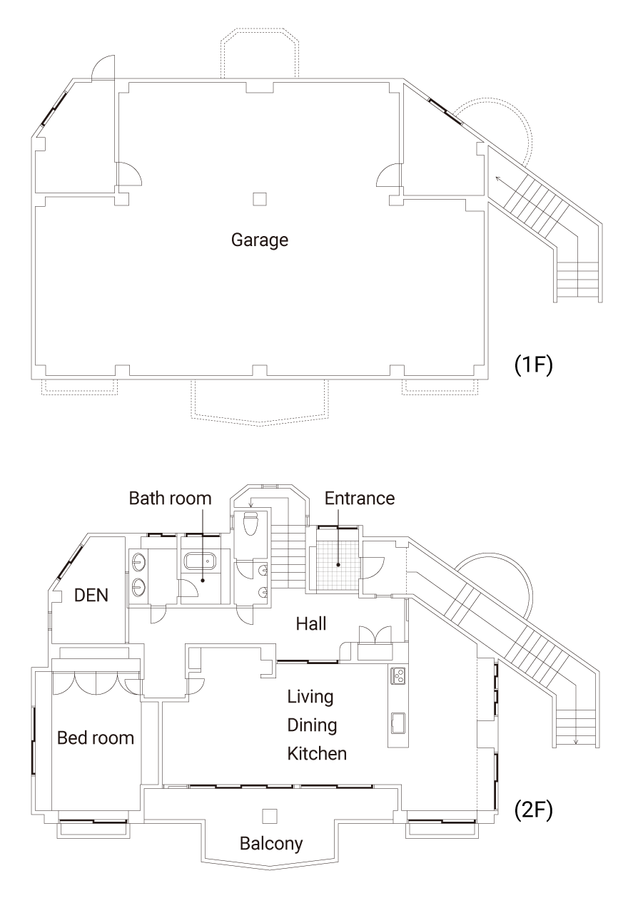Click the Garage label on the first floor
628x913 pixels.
[260, 240]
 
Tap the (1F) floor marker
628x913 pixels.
[534, 364]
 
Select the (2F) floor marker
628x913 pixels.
[534, 810]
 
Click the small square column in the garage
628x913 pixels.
[260, 199]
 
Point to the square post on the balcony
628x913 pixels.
[269, 815]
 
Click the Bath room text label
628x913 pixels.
[170, 498]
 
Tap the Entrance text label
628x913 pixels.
[360, 498]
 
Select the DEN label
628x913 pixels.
[91, 595]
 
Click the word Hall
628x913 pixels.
[311, 624]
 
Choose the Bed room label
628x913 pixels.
[96, 738]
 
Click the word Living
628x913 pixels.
[310, 696]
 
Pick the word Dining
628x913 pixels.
[311, 725]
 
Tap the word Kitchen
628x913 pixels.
[317, 753]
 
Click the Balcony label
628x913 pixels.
[270, 844]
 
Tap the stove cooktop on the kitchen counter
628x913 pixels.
[397, 674]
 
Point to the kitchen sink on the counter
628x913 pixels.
[397, 723]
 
